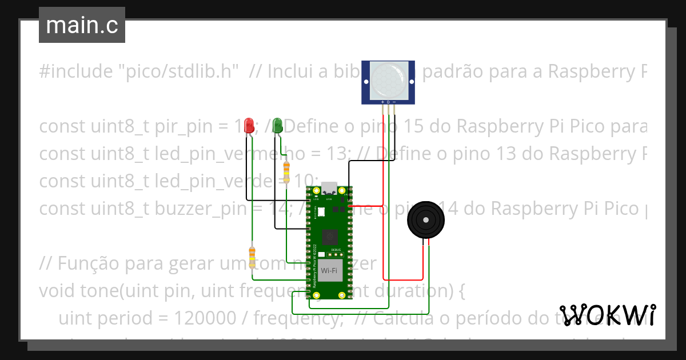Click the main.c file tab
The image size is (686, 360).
click(82, 25)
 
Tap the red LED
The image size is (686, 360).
click(249, 125)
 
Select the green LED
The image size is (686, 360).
click(277, 125)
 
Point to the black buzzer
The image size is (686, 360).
click(425, 220)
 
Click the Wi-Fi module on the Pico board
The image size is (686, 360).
click(329, 270)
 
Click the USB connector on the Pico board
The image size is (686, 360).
click(329, 188)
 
